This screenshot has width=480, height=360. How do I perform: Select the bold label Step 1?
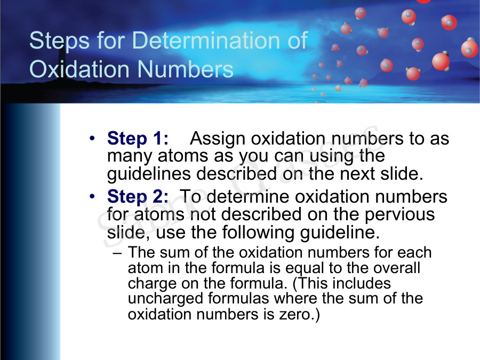pos(138,139)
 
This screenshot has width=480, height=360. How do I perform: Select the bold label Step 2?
pos(138,197)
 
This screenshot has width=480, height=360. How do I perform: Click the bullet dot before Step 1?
pos(93,139)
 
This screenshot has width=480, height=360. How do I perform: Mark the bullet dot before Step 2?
pos(93,197)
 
